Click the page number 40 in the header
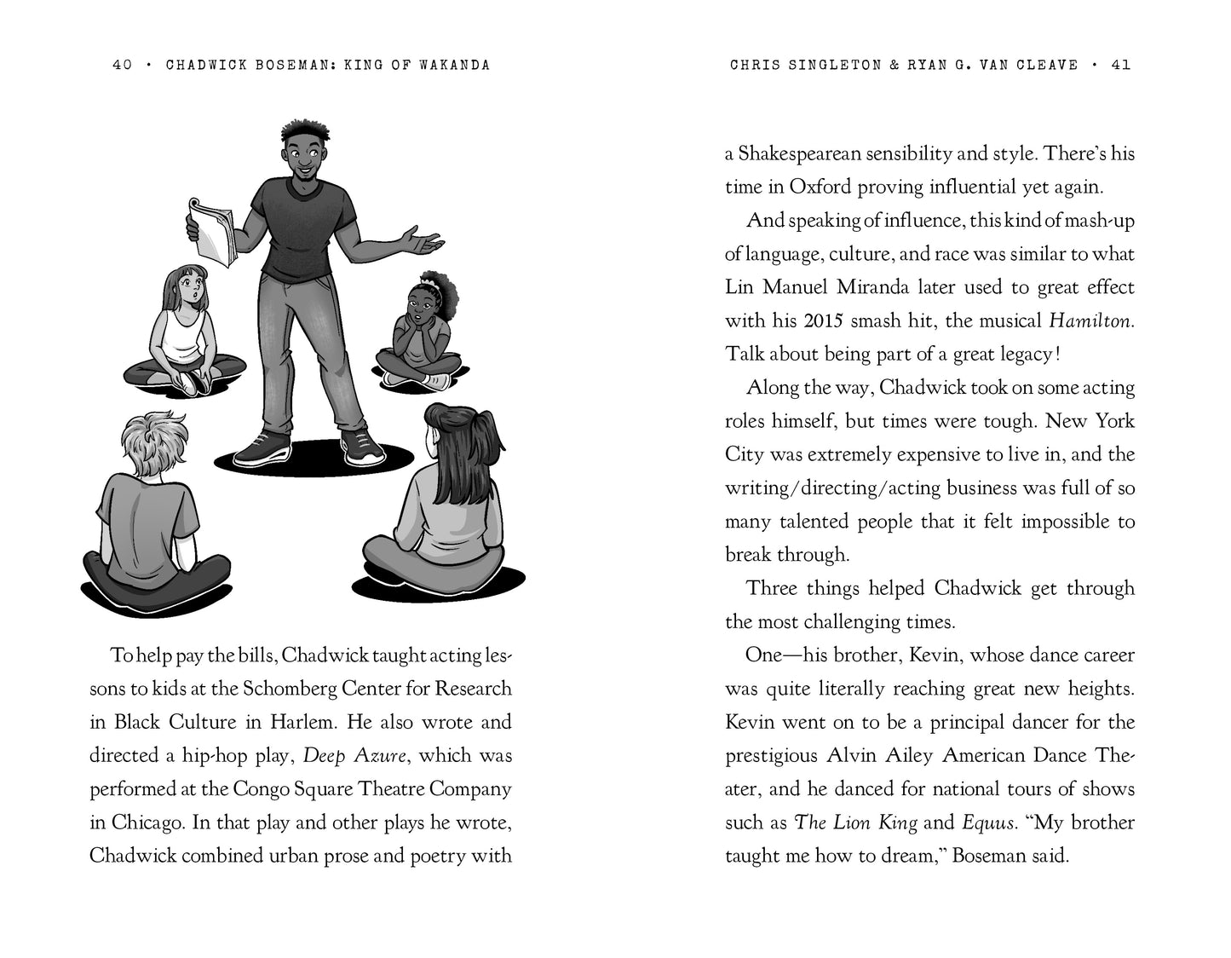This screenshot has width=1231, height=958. pos(122,65)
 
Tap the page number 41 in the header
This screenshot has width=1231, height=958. pos(1121,65)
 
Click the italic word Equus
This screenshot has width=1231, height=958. pos(989,822)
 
